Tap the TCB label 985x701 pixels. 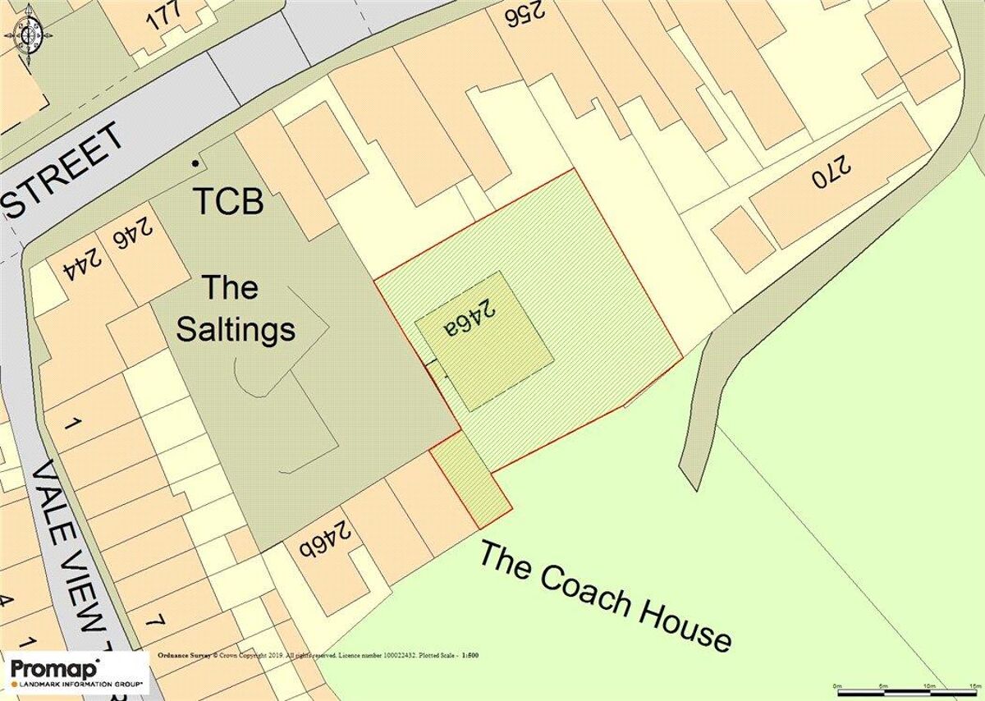pyautogui.click(x=229, y=202)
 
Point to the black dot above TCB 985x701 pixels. pyautogui.click(x=195, y=163)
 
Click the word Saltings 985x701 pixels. pyautogui.click(x=236, y=330)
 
